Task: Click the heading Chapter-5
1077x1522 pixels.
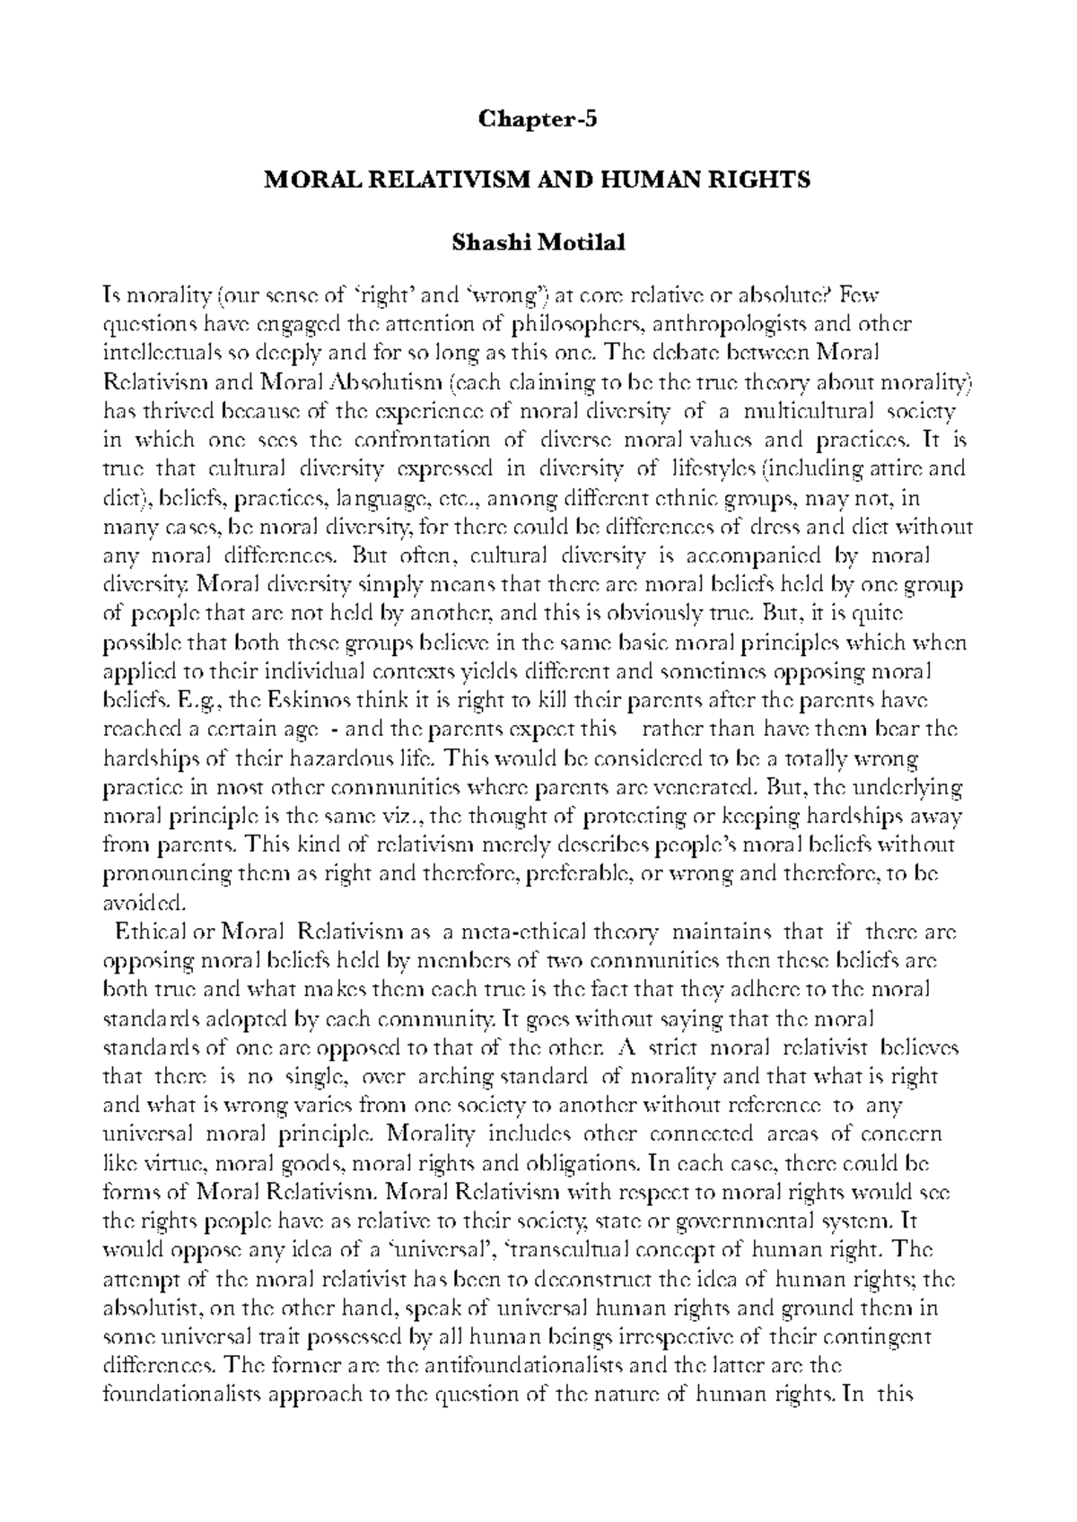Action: [x=538, y=118]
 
